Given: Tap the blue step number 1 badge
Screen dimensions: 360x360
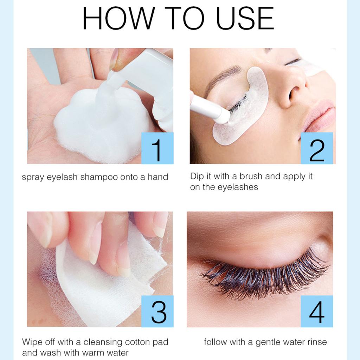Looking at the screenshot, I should (x=157, y=148).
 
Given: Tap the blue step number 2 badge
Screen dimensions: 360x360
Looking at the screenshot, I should (x=316, y=148).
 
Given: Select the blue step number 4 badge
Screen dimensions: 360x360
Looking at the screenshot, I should (x=316, y=311).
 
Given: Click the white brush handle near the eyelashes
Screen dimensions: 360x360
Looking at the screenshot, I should (x=207, y=107).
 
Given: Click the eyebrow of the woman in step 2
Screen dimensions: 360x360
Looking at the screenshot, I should (x=221, y=76).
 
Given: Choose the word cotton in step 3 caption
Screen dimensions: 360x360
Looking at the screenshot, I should (x=133, y=342).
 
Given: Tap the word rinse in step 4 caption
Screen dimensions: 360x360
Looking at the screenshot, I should (x=315, y=342).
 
